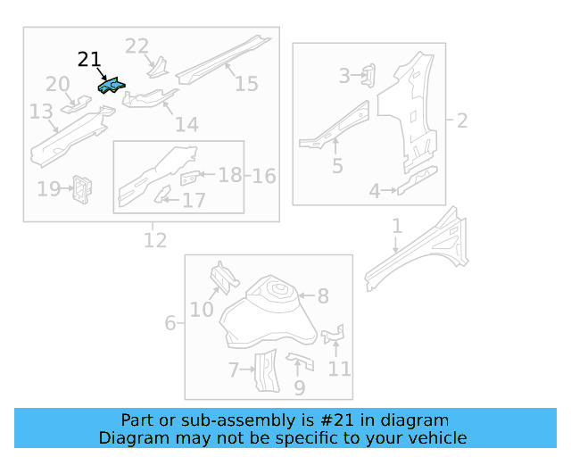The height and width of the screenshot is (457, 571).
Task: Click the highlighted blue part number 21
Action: tap(112, 87)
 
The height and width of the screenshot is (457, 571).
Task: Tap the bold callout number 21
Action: tap(89, 60)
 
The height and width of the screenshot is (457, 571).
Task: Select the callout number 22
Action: tap(137, 46)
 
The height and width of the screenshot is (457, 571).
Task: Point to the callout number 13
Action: tap(41, 112)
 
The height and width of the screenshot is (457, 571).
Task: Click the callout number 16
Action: tap(263, 176)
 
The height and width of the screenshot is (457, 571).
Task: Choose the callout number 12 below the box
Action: tap(154, 239)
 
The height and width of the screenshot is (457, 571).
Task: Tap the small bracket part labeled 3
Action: tap(368, 75)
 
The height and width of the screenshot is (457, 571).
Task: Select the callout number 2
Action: tap(462, 120)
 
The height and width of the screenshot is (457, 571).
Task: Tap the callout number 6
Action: tap(170, 323)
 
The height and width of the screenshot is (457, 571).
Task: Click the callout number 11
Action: tap(339, 369)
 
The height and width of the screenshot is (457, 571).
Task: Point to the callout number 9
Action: tap(300, 387)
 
